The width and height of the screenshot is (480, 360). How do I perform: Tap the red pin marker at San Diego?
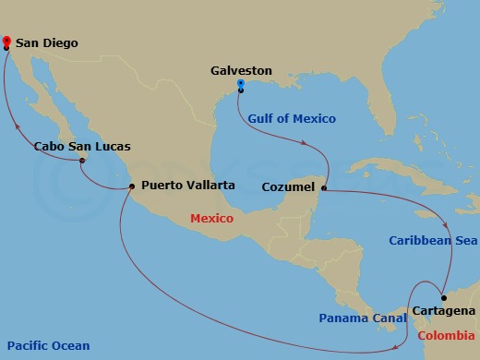(6, 41)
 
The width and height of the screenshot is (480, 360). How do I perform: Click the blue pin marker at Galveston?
(240, 85)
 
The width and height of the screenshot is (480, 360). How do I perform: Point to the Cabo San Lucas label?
(81, 146)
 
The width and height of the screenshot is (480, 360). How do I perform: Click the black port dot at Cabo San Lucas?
(82, 162)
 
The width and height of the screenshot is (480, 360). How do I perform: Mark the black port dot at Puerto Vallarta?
(132, 186)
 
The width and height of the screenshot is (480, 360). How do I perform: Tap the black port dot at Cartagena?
(443, 297)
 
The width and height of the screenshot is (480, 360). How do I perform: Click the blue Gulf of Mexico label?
(292, 118)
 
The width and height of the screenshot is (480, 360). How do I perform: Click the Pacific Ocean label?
(46, 346)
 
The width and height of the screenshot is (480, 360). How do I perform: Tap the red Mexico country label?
(210, 219)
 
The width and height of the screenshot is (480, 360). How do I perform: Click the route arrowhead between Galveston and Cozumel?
(303, 143)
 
